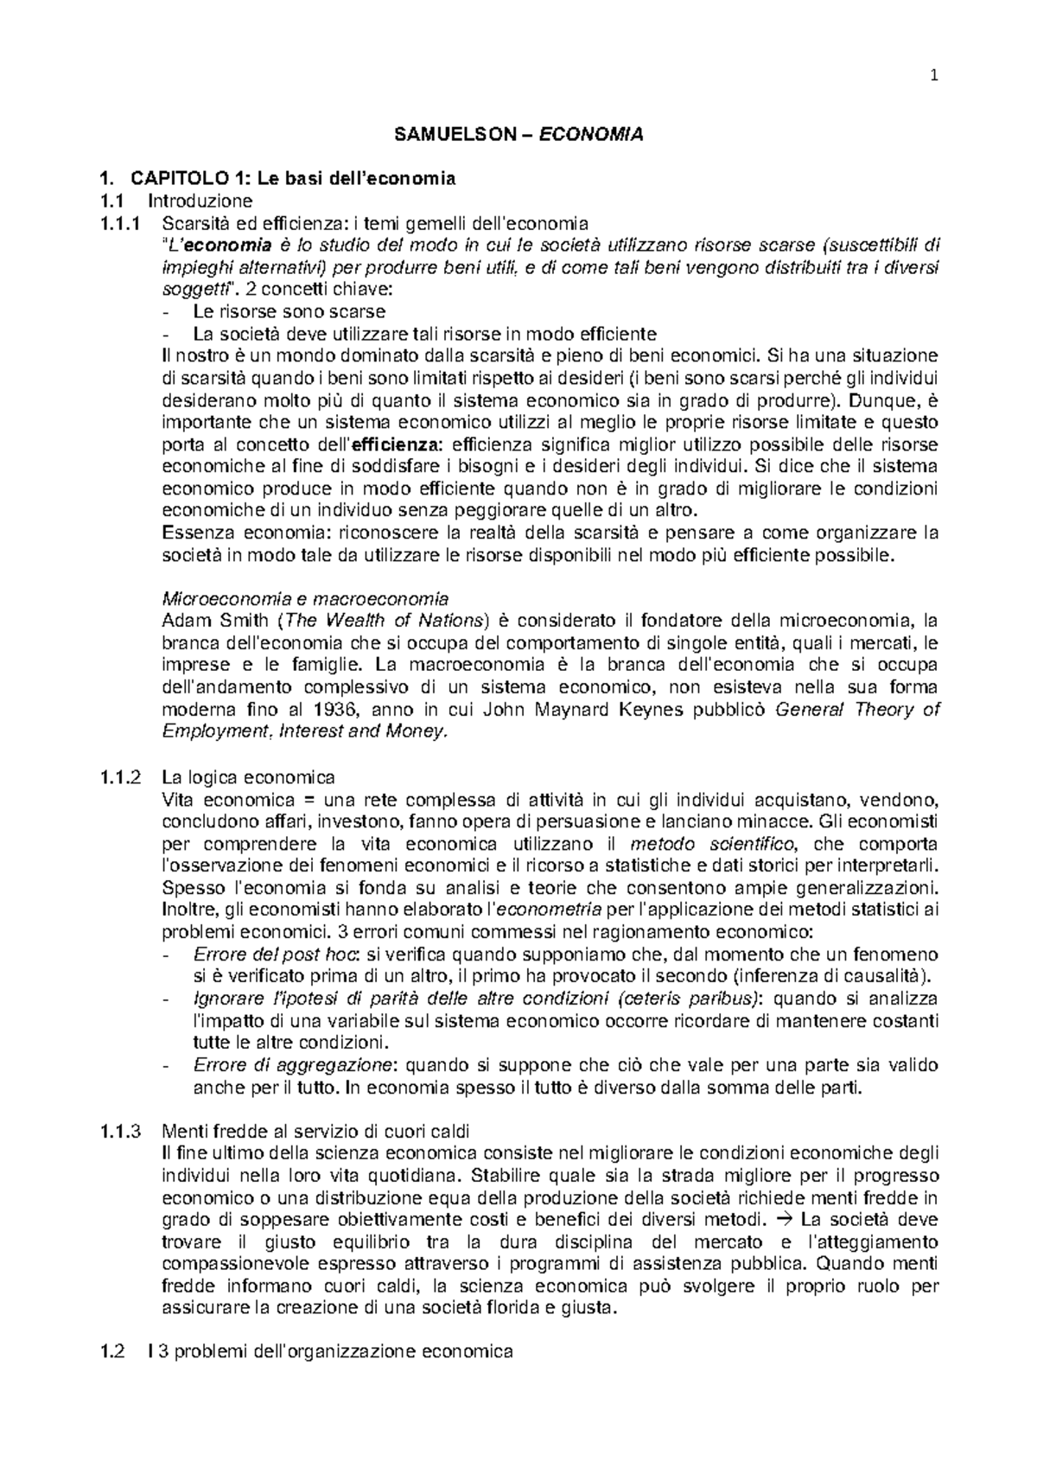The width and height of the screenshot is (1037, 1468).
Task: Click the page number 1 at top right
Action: click(934, 74)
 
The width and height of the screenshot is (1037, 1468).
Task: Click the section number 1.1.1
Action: click(119, 223)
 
